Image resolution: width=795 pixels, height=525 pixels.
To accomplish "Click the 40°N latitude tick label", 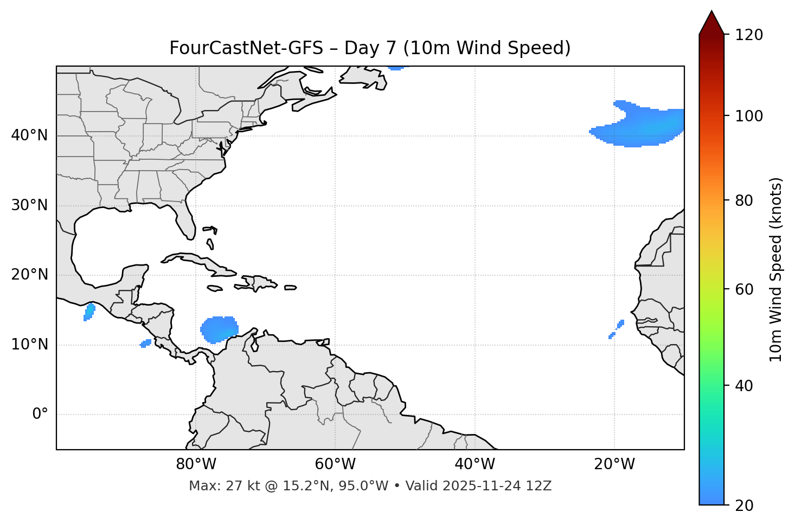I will tap(29, 135).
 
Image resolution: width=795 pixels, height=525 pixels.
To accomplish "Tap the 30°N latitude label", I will tap(29, 205).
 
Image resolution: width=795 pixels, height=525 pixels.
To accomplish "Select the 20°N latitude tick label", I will tap(29, 275).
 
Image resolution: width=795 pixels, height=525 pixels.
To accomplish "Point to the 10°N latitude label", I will tap(29, 345).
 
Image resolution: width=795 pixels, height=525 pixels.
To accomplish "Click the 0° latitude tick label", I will tap(40, 414).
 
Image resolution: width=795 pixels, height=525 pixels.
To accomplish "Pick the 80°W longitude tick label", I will tap(196, 464).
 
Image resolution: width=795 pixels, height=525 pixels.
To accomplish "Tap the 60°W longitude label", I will tap(335, 464).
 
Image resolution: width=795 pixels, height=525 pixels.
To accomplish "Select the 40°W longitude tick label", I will tap(475, 464).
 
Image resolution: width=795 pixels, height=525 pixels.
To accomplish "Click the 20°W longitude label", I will tap(614, 464).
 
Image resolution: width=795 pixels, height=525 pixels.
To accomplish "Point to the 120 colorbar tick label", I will tap(748, 35).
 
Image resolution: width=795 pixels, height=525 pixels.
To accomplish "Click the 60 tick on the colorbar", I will tap(745, 289).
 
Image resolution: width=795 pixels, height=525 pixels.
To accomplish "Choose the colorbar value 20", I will tap(745, 505).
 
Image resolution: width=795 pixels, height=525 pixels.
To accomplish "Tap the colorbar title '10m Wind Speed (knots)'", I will tap(776, 270).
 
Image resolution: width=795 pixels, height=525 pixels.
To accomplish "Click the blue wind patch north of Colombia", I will tap(219, 329).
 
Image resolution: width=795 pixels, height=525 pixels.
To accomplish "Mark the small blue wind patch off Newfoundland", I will tap(396, 68).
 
